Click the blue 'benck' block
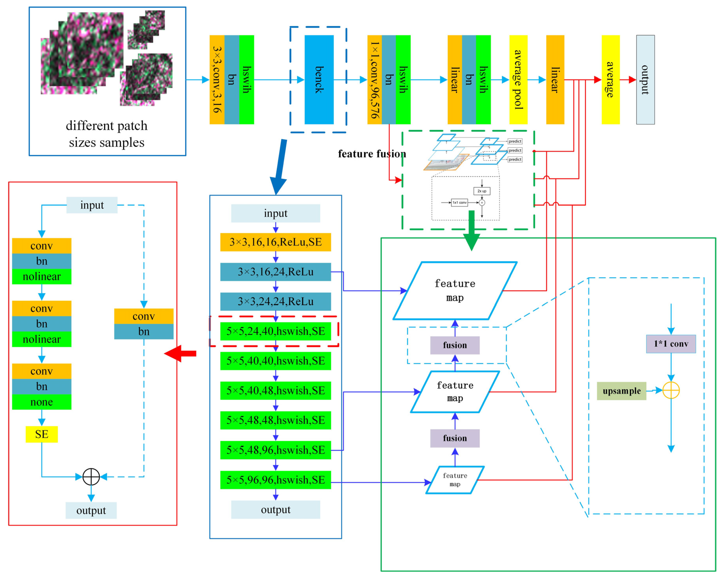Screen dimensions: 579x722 [x=319, y=80]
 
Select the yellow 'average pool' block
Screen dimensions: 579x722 [x=518, y=80]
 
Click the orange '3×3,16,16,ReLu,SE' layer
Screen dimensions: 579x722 [x=275, y=242]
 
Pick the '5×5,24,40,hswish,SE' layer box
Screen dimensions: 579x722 [x=275, y=331]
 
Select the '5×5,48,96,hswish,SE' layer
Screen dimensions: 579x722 [x=275, y=450]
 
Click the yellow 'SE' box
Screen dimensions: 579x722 [x=41, y=434]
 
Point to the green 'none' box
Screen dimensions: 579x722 [x=41, y=402]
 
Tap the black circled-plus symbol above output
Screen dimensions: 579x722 [x=91, y=477]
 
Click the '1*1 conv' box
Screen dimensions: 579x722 [x=671, y=344]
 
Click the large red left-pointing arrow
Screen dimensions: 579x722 [x=181, y=353]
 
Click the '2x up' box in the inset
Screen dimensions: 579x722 [x=482, y=191]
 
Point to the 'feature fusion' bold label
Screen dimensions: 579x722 [x=372, y=154]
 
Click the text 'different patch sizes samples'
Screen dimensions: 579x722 [x=106, y=134]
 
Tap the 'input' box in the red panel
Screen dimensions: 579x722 [x=92, y=205]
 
